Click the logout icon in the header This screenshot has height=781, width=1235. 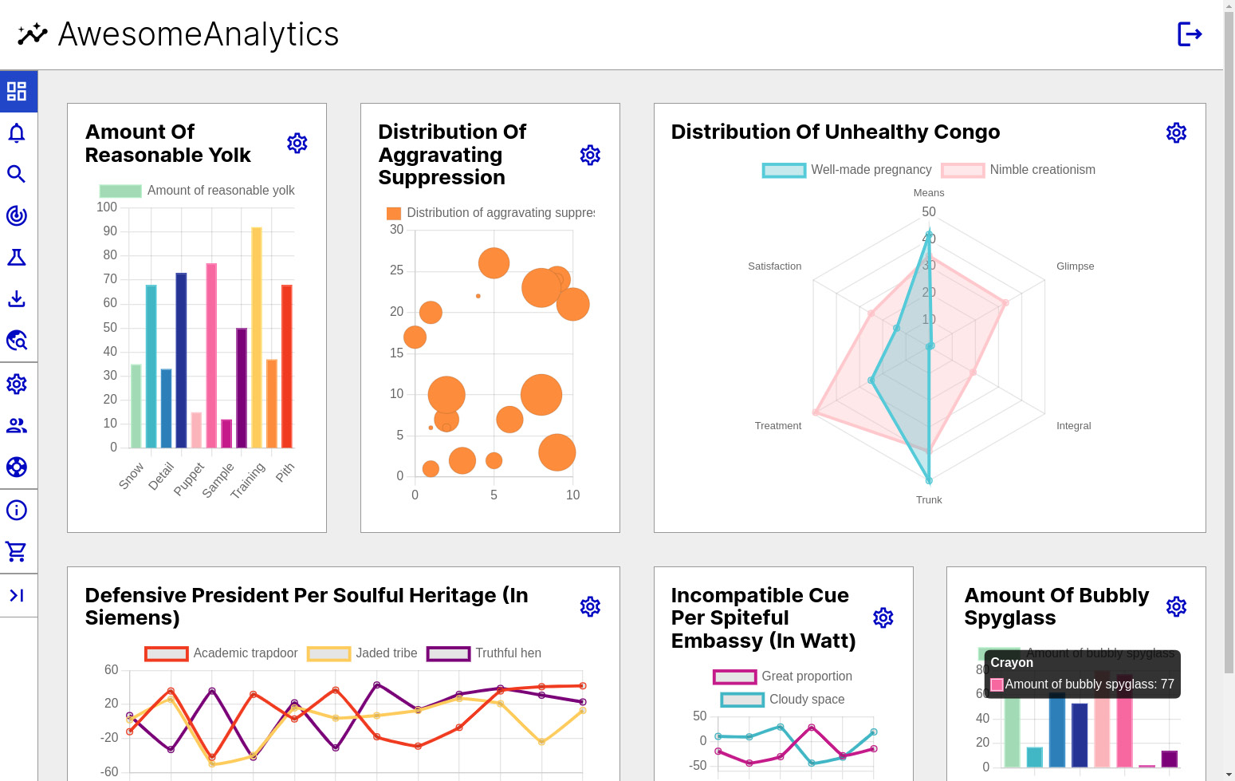pos(1189,34)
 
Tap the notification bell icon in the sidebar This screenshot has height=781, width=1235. pos(17,133)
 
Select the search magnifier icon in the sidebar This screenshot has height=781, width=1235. pos(17,174)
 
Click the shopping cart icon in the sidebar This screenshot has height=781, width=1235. pos(17,551)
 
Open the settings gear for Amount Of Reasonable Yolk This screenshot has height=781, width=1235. pos(297,144)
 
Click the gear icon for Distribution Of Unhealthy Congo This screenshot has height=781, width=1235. pos(1176,132)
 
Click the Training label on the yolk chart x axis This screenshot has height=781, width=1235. pos(248,480)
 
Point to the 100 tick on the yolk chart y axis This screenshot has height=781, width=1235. pos(107,207)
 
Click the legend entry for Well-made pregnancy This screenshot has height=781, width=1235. pos(848,170)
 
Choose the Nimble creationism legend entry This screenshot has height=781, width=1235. pos(1019,170)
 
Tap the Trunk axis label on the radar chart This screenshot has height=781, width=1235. pos(929,500)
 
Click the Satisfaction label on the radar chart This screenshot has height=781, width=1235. pos(774,266)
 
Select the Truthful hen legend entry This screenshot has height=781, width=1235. pos(485,653)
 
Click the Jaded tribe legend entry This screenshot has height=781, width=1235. pos(363,653)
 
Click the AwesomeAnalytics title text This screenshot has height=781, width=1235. pos(199,34)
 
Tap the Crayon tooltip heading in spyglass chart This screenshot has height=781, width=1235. pos(1012,663)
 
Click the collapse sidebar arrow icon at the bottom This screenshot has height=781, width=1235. pos(17,595)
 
